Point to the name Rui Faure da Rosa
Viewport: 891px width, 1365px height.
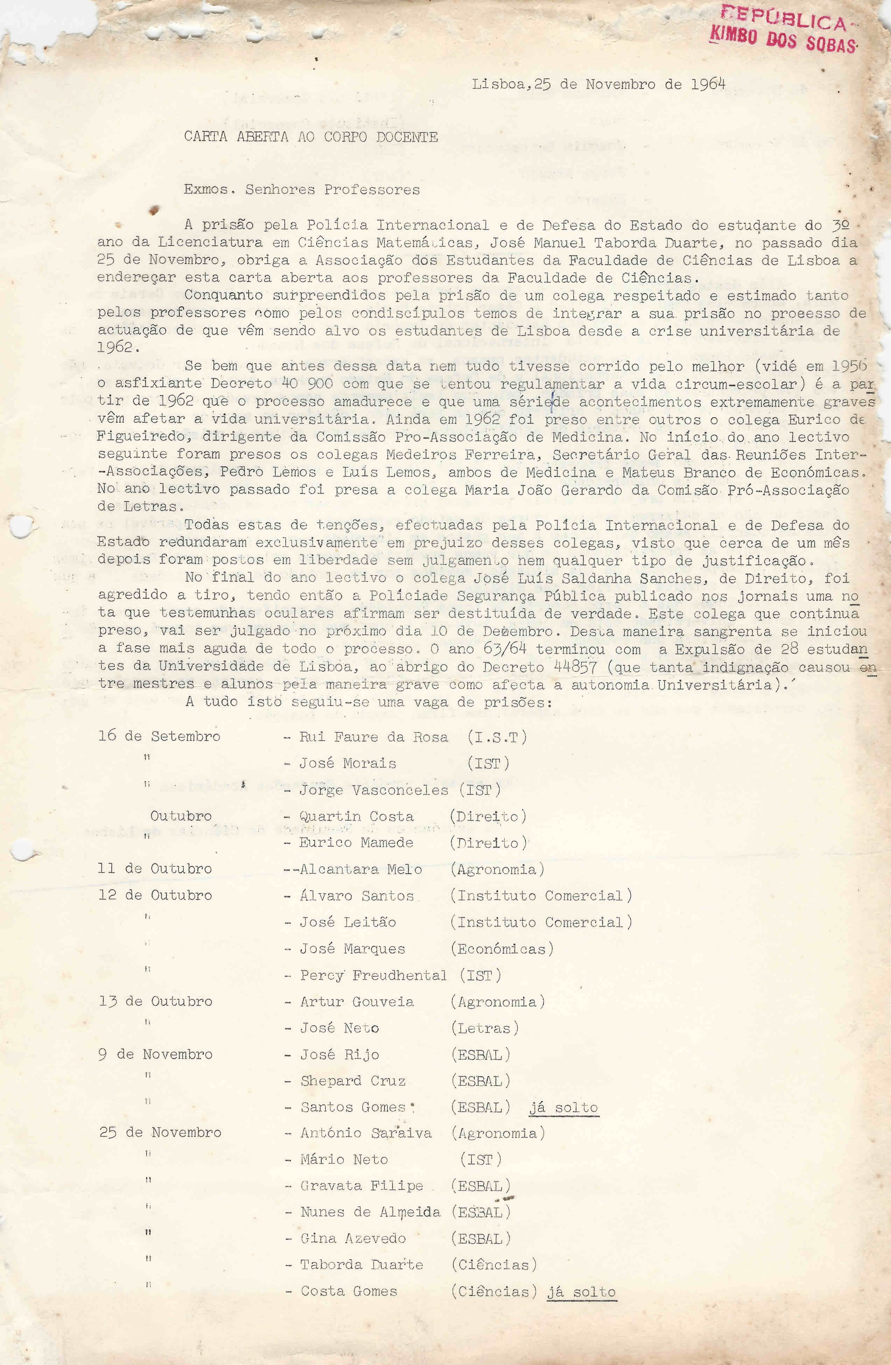[373, 737]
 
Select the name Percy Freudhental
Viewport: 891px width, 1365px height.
[373, 975]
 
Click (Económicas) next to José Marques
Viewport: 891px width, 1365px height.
[502, 948]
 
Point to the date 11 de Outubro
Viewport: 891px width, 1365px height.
[155, 868]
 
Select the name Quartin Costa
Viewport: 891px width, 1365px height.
[356, 816]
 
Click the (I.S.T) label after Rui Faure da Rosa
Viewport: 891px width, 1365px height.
[497, 737]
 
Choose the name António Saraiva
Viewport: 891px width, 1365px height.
[366, 1133]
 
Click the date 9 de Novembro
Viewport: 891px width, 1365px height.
[155, 1054]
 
